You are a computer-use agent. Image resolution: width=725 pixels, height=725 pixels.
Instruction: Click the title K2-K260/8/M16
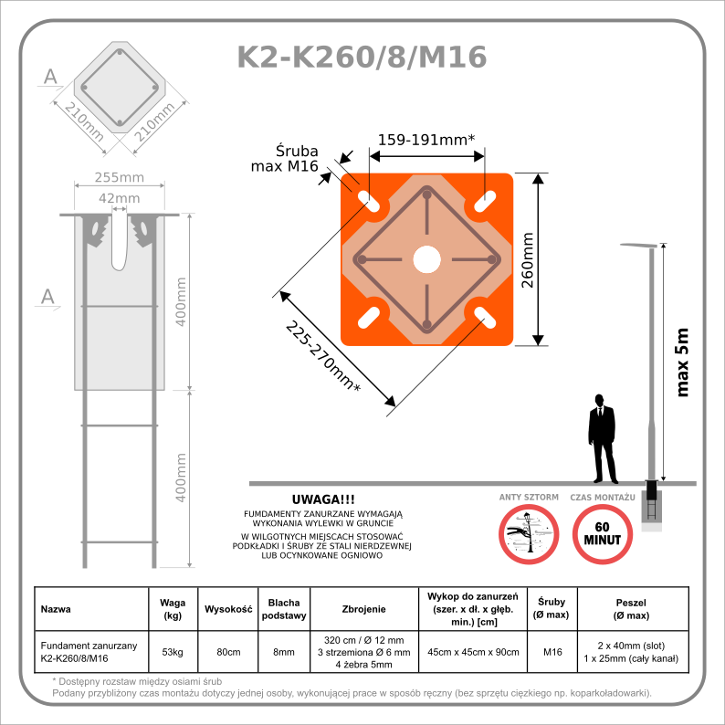click(x=362, y=57)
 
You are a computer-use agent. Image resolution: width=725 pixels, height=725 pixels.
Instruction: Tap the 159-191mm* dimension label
click(x=426, y=140)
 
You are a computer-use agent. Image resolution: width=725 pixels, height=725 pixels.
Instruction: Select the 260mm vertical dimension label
click(x=527, y=259)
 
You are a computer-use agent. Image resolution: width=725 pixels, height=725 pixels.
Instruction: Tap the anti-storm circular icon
click(x=529, y=533)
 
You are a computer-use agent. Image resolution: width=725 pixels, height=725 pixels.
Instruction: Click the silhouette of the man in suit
click(x=600, y=438)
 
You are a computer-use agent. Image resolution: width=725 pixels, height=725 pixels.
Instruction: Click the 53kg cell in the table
click(x=173, y=651)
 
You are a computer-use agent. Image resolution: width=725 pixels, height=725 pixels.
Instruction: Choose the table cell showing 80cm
click(x=227, y=651)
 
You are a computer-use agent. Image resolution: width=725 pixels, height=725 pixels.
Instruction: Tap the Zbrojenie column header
click(x=363, y=608)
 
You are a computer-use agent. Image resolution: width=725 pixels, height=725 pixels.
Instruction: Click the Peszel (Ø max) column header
click(x=632, y=608)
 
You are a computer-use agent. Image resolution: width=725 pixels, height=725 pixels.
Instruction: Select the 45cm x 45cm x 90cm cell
click(x=473, y=651)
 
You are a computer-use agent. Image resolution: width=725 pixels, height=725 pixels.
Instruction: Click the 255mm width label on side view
click(x=120, y=177)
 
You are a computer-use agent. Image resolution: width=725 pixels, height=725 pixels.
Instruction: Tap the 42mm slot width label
click(x=119, y=198)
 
